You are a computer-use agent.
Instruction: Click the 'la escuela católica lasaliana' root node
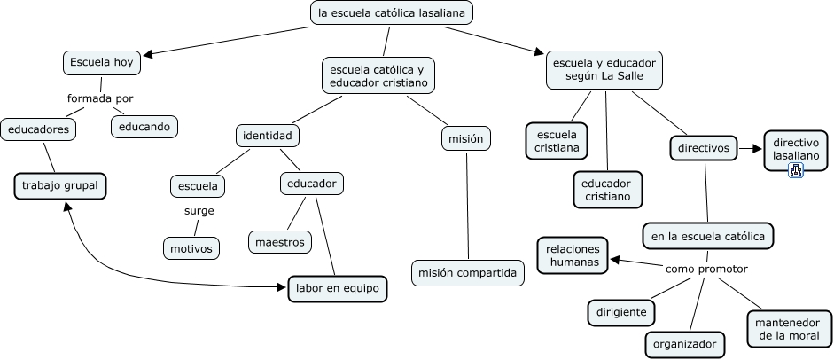(x=392, y=13)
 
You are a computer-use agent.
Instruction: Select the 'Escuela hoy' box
(x=100, y=62)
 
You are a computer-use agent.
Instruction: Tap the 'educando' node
(x=144, y=127)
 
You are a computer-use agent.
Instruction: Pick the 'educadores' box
(x=38, y=129)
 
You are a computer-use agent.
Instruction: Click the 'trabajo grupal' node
(x=60, y=186)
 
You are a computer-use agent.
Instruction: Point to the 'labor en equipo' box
(x=338, y=288)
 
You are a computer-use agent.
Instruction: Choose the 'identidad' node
(x=269, y=136)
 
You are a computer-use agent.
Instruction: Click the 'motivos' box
(x=191, y=248)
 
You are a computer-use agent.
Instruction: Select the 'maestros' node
(x=279, y=240)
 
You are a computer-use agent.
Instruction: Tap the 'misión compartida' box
(x=468, y=273)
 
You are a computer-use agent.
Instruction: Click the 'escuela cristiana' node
(x=557, y=140)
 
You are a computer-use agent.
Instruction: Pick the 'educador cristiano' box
(x=607, y=189)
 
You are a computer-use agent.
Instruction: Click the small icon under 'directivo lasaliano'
(x=795, y=169)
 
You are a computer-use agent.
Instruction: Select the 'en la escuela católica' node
(x=708, y=237)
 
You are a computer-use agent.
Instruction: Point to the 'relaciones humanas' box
(x=573, y=255)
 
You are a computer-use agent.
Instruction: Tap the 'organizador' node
(x=683, y=343)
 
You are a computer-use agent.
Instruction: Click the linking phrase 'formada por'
(x=100, y=98)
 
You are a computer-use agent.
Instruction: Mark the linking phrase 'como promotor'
(x=706, y=269)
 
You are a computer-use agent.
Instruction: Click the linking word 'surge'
(x=199, y=211)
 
